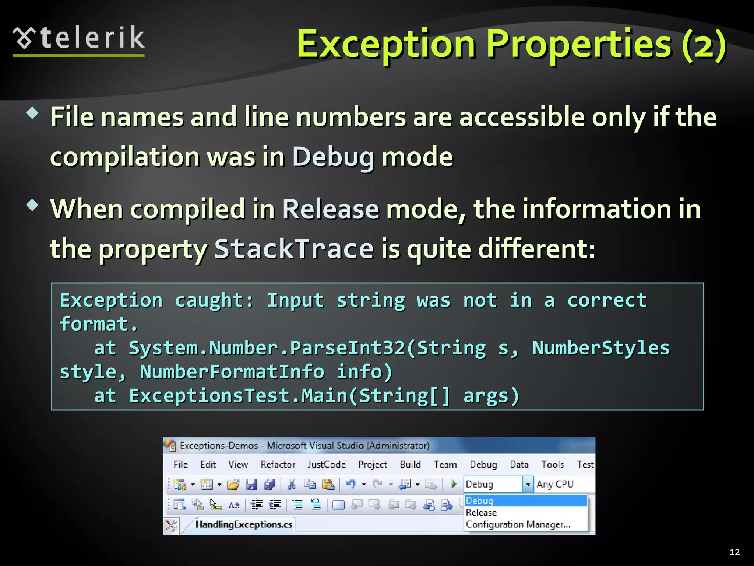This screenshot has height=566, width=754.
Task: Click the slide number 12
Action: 734,552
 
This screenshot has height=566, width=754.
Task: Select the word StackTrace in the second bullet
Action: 294,249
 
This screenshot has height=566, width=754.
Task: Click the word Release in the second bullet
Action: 330,209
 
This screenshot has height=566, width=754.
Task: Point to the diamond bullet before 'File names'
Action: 32,113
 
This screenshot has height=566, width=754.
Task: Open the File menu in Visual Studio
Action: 180,464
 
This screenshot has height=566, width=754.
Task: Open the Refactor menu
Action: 278,464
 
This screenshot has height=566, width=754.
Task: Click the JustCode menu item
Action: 327,464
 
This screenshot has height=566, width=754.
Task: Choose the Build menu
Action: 410,464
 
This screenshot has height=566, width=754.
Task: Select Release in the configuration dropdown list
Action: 481,513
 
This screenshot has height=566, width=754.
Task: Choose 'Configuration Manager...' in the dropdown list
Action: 518,524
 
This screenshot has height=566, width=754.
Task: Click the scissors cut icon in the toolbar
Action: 292,484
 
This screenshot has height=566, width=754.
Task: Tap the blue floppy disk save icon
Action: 251,484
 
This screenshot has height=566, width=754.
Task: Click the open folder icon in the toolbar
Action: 233,484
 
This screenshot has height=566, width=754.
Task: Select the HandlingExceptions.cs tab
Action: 244,524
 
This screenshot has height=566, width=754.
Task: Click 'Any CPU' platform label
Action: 554,484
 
